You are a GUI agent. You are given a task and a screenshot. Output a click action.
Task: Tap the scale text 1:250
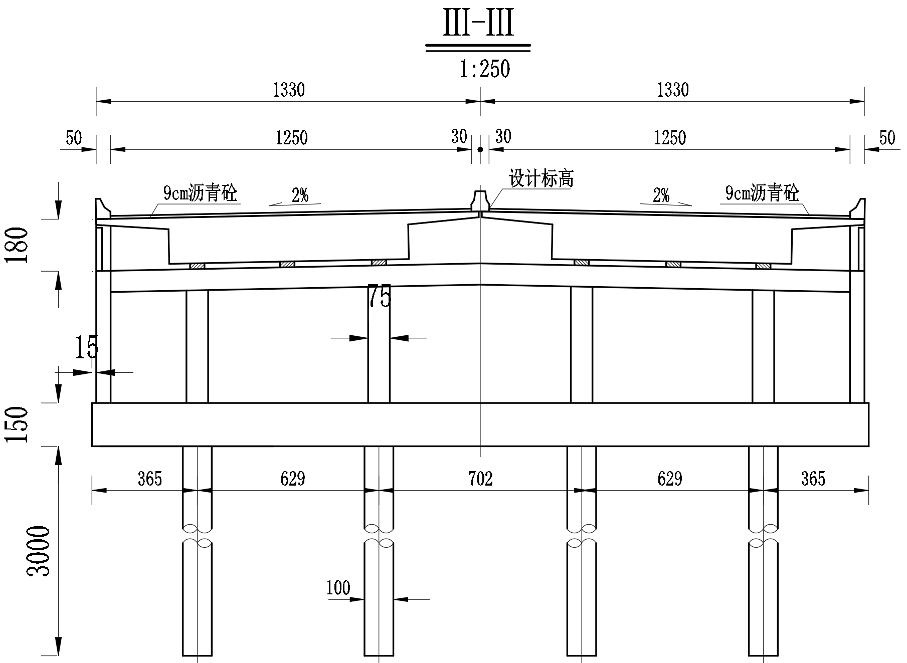pos(484,69)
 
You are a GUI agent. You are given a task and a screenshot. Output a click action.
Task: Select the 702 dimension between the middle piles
pos(480,479)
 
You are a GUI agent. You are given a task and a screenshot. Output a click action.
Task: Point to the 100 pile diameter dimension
pos(338,588)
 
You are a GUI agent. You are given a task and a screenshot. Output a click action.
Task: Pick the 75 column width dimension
pos(379,297)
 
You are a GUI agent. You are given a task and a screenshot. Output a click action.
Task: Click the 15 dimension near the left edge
pos(86,347)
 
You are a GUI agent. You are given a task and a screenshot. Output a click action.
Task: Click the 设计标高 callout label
pos(541,179)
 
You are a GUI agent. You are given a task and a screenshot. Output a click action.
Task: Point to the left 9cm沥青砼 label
pos(200,193)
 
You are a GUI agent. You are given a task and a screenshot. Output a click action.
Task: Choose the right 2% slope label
pos(661,195)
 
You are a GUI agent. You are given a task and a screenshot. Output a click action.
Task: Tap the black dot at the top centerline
pos(480,149)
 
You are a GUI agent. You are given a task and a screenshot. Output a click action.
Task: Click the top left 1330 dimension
pos(288,90)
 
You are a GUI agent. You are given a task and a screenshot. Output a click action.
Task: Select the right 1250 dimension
pos(670,138)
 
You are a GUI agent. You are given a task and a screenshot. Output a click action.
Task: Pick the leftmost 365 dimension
pos(150,479)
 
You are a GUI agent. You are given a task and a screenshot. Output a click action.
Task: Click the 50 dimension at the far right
pos(887,138)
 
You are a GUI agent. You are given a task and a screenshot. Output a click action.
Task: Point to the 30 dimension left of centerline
pos(459,136)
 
